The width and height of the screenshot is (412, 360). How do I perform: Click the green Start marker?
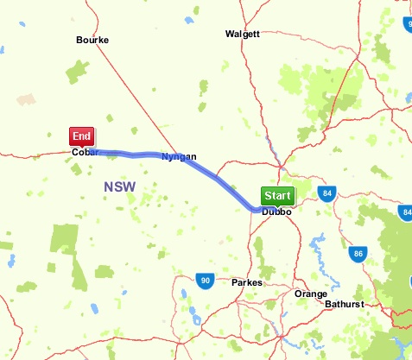click(x=277, y=195)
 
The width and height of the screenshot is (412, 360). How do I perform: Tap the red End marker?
click(x=82, y=136)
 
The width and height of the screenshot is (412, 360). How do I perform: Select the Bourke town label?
click(x=92, y=40)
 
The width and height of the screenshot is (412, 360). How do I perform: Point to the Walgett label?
click(x=242, y=34)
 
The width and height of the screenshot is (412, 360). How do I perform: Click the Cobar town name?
click(x=85, y=154)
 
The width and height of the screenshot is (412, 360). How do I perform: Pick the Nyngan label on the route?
click(x=179, y=156)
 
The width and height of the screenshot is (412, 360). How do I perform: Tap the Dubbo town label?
click(x=276, y=212)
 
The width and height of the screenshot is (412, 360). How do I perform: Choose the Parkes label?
click(x=247, y=282)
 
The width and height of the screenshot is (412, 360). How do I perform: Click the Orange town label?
click(x=311, y=294)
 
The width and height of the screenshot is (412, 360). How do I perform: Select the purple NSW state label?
click(x=119, y=186)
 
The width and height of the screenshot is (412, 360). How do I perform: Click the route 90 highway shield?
click(x=204, y=280)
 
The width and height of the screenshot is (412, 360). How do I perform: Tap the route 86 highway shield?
click(x=358, y=254)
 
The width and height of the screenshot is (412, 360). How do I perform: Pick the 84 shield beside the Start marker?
click(x=326, y=193)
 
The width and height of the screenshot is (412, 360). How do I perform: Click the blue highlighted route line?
click(x=216, y=177)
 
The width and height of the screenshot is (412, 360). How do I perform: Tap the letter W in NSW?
click(x=130, y=186)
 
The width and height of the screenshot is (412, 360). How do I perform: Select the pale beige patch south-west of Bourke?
click(x=26, y=99)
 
